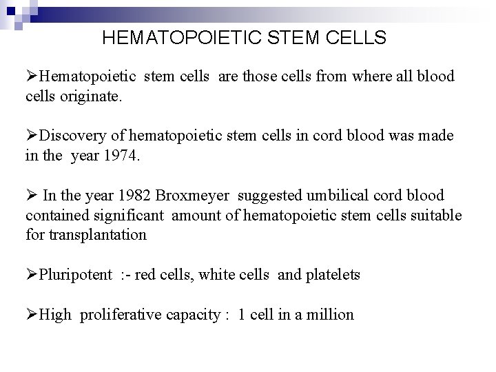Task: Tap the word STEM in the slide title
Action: click(290, 38)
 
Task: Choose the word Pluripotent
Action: click(76, 275)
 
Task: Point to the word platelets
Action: click(331, 275)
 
